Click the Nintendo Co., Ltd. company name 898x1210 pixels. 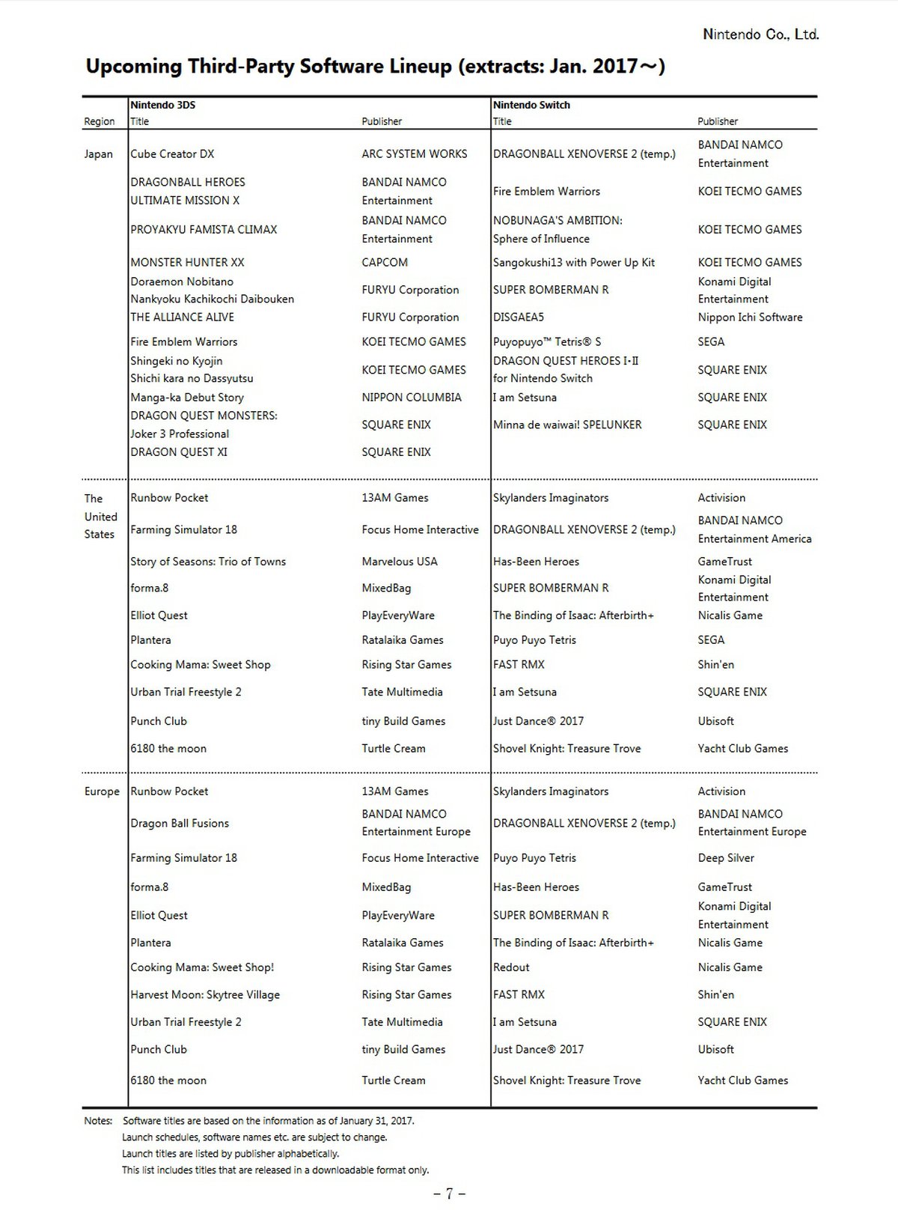coord(760,34)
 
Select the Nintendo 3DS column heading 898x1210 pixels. coord(162,105)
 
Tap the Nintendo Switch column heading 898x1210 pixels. coord(531,105)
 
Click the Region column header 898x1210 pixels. coord(99,121)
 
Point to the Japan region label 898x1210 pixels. coord(98,154)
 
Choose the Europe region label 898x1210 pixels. coord(102,791)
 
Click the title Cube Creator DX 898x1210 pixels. coord(172,154)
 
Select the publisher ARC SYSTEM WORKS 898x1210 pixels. coord(414,154)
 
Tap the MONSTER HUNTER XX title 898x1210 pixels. coord(187,263)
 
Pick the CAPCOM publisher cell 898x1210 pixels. coord(385,263)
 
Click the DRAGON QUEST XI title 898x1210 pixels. coord(179,452)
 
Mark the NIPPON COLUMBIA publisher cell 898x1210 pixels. coord(411,398)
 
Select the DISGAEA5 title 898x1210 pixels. coord(518,317)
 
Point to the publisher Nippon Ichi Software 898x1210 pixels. coord(750,317)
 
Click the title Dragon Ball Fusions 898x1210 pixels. coord(180,824)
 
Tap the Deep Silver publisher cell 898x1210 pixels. coord(726,858)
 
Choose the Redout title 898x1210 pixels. coord(511,967)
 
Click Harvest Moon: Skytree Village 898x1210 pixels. coord(205,995)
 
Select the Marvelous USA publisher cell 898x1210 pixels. coord(400,562)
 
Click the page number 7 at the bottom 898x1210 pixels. coord(449,1194)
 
